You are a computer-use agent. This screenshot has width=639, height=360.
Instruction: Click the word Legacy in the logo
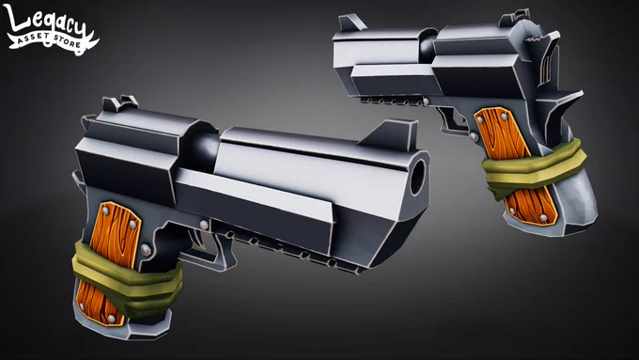coord(46,23)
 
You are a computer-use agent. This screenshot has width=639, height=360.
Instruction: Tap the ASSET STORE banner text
coord(50,40)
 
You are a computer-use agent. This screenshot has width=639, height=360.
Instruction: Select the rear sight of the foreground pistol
coord(120,103)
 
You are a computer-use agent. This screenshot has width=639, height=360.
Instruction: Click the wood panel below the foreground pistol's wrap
coord(101,304)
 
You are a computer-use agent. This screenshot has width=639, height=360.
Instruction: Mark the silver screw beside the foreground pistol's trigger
coord(204,225)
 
